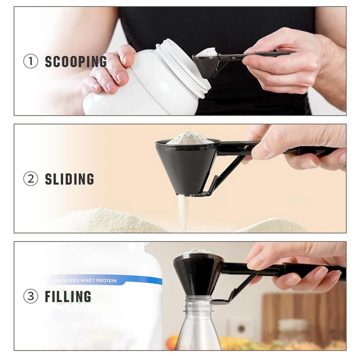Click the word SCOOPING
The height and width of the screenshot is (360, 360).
[76, 62]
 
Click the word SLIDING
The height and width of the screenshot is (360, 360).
[69, 179]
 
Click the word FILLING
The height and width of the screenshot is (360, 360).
[68, 297]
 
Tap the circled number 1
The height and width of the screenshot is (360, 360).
[31, 62]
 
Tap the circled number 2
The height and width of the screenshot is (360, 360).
[31, 179]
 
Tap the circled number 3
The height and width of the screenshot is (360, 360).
[31, 297]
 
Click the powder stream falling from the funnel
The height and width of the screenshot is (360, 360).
[183, 211]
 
